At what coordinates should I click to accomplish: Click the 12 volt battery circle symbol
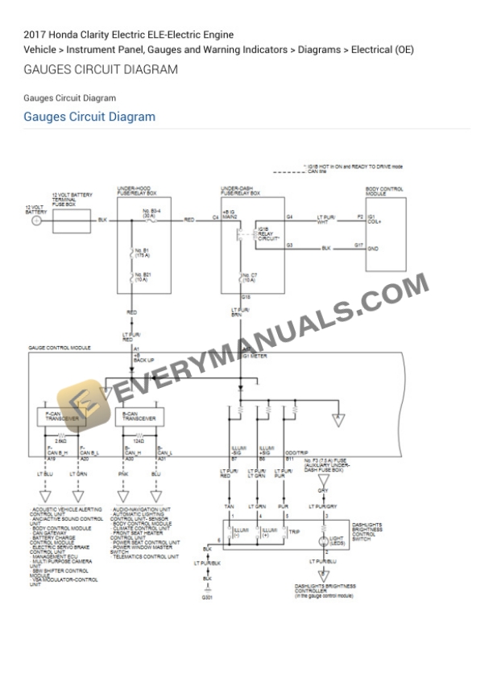35,220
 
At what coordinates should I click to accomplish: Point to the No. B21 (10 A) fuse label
142,279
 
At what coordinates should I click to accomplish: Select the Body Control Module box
384,230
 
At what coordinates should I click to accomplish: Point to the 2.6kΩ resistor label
60,441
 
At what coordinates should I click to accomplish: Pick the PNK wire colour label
124,475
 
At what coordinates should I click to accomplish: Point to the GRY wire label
323,490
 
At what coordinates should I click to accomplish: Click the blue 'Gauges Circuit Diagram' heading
89,117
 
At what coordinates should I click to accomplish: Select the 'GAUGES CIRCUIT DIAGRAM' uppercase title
101,70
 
